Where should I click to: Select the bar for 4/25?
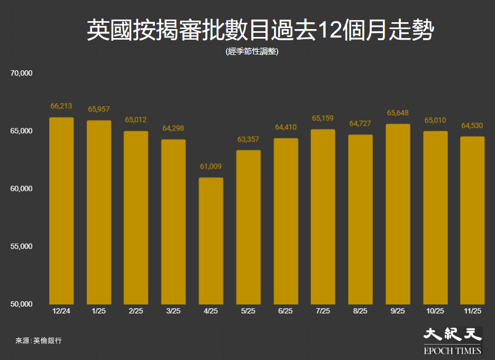211,241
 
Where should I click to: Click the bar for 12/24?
61,211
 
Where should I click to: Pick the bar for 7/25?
323,217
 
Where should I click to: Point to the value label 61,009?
211,167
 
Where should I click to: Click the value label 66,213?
61,106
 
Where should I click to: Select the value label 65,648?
398,113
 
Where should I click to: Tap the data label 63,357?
249,140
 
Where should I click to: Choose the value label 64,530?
473,126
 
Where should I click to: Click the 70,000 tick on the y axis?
22,73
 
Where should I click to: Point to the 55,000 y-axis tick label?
22,246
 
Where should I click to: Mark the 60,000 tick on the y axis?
22,189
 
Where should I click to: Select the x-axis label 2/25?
136,311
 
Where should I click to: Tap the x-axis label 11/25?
473,311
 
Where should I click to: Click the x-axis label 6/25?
286,311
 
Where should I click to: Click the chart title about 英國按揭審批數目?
260,31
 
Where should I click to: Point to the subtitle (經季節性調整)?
252,52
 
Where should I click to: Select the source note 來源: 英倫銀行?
39,341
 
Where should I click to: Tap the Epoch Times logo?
453,341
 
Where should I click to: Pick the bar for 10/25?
435,218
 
